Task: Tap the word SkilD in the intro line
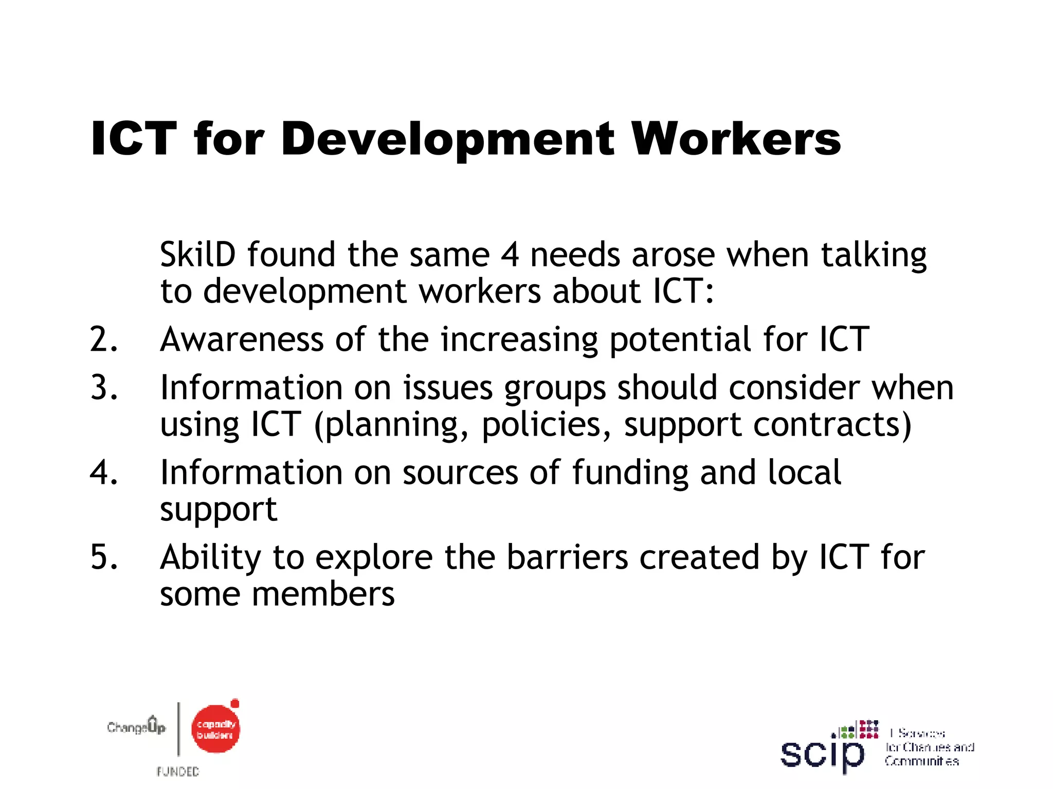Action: [197, 255]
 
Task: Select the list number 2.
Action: [103, 340]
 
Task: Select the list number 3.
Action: [103, 387]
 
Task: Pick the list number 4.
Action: [103, 473]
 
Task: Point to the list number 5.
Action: [103, 557]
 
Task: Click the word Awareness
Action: [242, 340]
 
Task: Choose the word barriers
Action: [567, 557]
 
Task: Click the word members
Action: [323, 595]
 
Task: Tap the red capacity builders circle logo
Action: [215, 729]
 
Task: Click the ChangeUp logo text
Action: [136, 727]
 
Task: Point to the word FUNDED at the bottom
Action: [178, 772]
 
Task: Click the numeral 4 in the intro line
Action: [510, 255]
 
